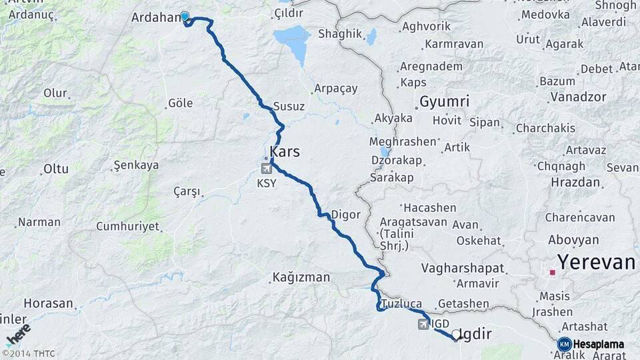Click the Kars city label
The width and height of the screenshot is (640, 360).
click(285, 152)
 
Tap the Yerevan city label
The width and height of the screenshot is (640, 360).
click(596, 262)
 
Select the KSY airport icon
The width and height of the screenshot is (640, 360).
click(267, 169)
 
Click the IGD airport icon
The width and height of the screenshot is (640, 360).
click(423, 324)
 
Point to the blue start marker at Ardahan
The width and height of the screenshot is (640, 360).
click(185, 17)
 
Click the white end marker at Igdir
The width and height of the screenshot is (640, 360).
click(456, 335)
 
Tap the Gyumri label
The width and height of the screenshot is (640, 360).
click(444, 102)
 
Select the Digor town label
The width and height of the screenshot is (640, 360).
click(345, 215)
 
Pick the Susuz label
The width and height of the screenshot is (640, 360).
click(289, 107)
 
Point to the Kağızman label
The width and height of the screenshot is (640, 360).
click(301, 277)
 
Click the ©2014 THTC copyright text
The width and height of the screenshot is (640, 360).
click(29, 354)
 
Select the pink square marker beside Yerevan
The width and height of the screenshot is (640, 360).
click(552, 272)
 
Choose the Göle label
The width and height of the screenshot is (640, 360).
click(180, 103)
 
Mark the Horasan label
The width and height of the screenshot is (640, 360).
click(48, 303)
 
